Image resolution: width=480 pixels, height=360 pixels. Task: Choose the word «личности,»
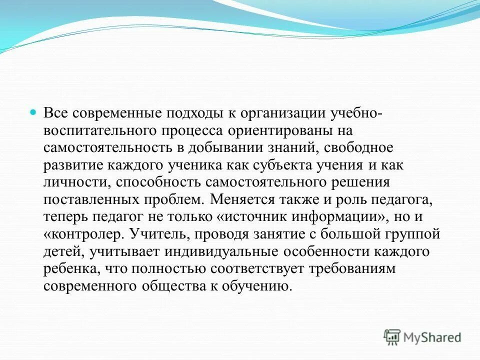72,183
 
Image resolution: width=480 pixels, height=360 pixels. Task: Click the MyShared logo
422,337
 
